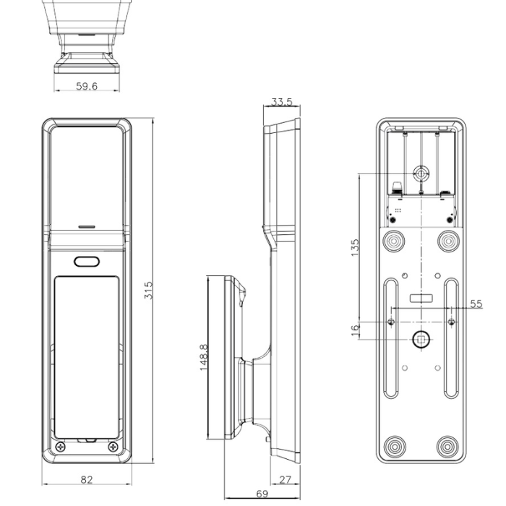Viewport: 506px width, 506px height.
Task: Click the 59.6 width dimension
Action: (x=87, y=86)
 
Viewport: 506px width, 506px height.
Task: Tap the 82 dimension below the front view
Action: (x=86, y=479)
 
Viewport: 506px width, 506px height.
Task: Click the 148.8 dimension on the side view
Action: (x=204, y=357)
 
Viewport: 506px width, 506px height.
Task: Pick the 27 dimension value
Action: (x=285, y=479)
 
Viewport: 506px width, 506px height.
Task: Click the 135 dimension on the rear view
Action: (x=354, y=247)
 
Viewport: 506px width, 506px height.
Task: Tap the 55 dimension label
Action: (x=475, y=304)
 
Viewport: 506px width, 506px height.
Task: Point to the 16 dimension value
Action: (x=354, y=330)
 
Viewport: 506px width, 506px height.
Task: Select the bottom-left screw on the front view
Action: (x=60, y=447)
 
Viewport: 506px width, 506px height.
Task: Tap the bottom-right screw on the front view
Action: (x=112, y=447)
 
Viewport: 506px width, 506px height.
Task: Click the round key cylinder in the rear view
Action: (x=421, y=173)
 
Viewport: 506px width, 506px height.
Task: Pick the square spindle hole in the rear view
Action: (x=421, y=339)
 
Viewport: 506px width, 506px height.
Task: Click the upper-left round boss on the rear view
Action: (x=395, y=239)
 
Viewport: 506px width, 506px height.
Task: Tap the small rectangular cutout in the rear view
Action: (x=421, y=298)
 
